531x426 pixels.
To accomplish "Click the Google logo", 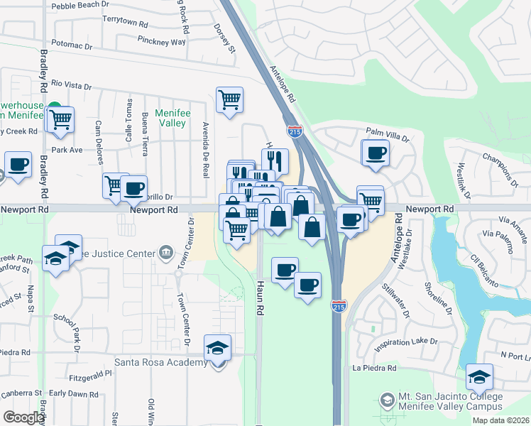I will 23,417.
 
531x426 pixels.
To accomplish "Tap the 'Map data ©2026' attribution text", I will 501,420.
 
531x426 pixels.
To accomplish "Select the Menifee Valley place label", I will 170,117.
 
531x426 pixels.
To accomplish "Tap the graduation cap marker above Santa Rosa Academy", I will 218,348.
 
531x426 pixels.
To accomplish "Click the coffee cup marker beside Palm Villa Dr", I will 376,152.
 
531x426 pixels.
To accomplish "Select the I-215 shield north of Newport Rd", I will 295,131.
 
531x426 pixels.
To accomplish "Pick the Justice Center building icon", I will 165,251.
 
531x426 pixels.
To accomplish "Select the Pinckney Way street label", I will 162,42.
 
